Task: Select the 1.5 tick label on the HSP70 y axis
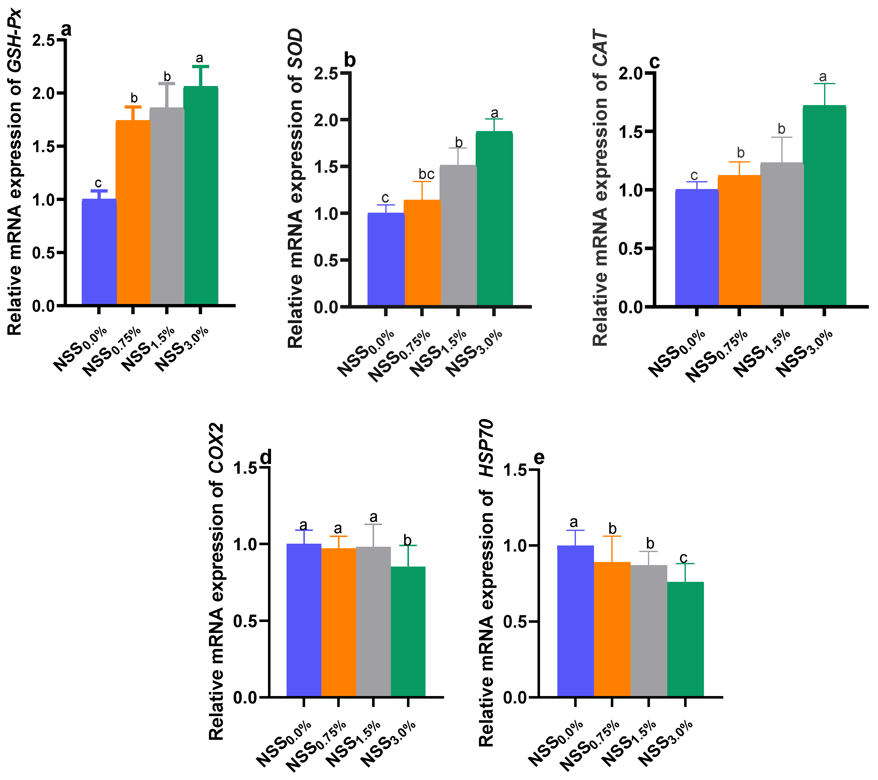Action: click(x=515, y=470)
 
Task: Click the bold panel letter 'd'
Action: click(x=266, y=457)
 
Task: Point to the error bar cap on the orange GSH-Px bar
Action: click(x=133, y=107)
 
